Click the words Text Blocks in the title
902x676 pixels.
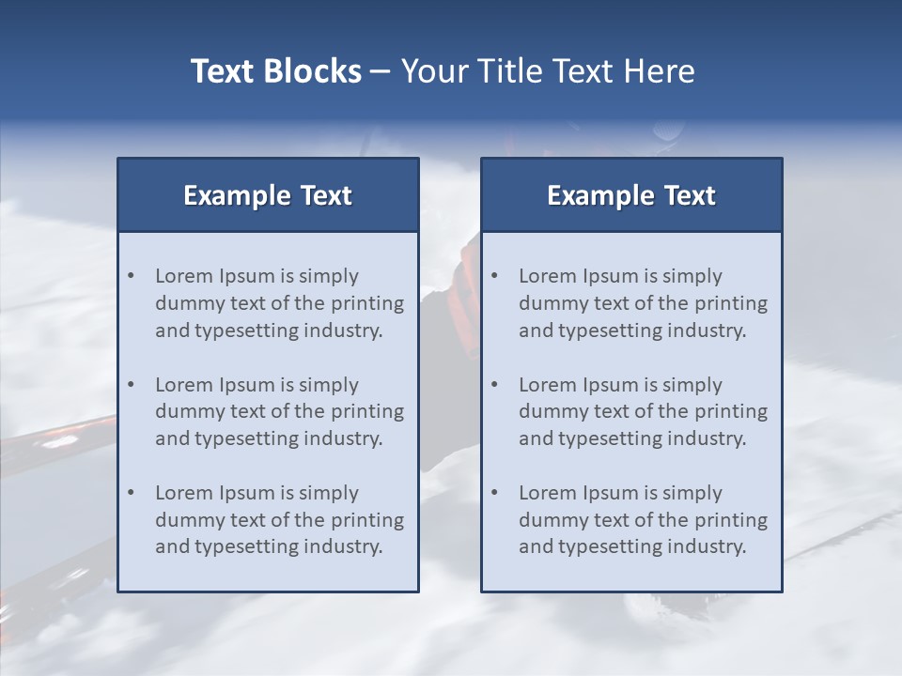276,71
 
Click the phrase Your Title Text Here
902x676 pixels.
548,71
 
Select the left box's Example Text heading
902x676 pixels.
268,195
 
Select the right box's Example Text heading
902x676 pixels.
631,195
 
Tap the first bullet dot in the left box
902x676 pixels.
132,276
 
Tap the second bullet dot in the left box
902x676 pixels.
132,385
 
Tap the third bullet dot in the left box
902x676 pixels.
132,493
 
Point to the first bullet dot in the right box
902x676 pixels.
495,276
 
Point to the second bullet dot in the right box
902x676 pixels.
495,385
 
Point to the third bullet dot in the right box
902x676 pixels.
495,493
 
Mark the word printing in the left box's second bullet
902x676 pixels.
368,411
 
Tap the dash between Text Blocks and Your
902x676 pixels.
381,72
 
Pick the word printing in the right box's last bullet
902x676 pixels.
732,520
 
